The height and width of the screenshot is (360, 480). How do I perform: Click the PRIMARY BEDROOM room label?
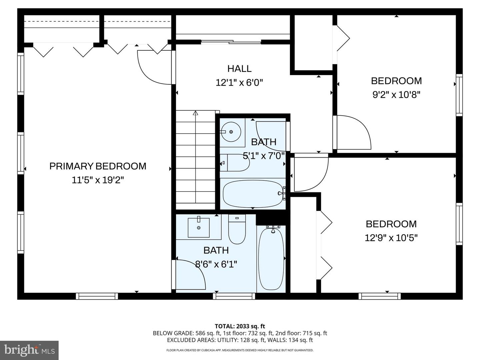click(98, 166)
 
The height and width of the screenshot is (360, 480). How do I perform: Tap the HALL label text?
click(239, 69)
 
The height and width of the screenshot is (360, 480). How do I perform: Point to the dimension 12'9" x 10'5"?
click(391, 238)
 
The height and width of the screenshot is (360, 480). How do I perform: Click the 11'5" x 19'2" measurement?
click(98, 180)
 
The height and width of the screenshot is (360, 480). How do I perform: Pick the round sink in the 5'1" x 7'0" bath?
click(231, 132)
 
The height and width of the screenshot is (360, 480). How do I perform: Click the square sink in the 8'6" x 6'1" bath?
click(199, 228)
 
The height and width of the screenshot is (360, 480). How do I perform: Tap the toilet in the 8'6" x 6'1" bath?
click(237, 229)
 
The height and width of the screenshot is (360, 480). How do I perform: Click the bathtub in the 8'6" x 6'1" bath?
click(271, 259)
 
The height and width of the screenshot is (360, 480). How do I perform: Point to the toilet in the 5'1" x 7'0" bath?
click(235, 163)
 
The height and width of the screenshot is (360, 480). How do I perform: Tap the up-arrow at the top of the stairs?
click(195, 113)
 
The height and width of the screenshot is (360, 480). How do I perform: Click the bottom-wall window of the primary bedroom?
click(97, 296)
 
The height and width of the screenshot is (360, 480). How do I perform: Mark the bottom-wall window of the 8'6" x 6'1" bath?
click(234, 296)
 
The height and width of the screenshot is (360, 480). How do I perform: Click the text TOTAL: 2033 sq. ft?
click(240, 326)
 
